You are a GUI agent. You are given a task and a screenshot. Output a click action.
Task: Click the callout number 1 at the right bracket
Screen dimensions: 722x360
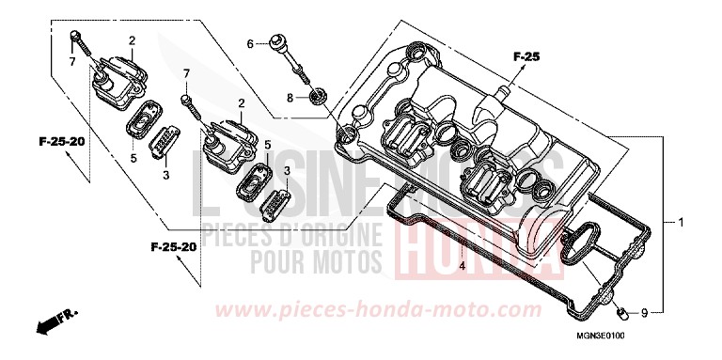click(680, 223)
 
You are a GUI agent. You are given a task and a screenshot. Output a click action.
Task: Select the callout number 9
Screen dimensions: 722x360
click(645, 312)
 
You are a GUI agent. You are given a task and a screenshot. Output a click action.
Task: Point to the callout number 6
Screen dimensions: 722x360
click(251, 43)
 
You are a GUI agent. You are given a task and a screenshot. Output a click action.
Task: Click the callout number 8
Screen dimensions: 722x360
click(290, 97)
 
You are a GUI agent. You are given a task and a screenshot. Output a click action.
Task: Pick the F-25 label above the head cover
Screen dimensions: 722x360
click(527, 58)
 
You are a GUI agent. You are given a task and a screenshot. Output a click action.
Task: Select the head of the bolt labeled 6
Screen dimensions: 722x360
click(276, 41)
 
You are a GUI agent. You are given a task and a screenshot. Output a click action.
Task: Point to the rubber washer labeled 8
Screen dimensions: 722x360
click(317, 95)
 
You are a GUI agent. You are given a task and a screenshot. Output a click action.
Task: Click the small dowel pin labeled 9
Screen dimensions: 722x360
click(621, 310)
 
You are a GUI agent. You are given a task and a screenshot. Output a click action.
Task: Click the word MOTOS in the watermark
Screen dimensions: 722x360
click(347, 258)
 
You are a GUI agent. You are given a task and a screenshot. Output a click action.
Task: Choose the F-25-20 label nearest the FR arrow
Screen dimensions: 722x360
click(172, 246)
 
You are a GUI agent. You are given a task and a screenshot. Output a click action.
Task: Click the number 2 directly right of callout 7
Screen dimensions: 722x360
click(242, 102)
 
